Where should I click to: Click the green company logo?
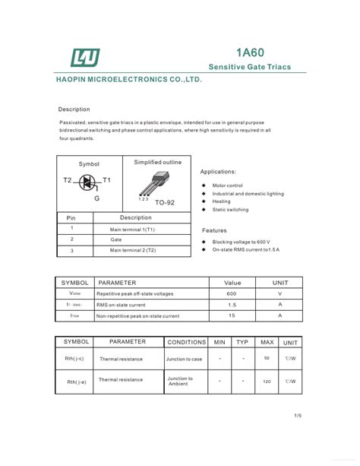(x=85, y=57)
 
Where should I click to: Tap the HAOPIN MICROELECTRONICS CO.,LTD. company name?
(x=129, y=79)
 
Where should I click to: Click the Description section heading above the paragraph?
(x=74, y=109)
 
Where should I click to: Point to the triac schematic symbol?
(x=87, y=182)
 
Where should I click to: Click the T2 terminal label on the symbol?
(x=68, y=180)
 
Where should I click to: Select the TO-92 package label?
(x=165, y=203)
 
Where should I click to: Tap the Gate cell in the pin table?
(x=116, y=239)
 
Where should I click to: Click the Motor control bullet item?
(x=227, y=185)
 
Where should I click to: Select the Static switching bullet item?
(x=230, y=210)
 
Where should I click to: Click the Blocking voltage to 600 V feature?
(x=241, y=242)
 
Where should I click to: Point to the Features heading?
(x=214, y=230)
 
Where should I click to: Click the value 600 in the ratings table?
(x=232, y=293)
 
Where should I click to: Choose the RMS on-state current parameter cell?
(x=122, y=304)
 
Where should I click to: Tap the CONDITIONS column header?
(x=186, y=342)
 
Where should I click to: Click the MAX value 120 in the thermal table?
(x=267, y=380)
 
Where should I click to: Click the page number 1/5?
(x=298, y=415)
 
